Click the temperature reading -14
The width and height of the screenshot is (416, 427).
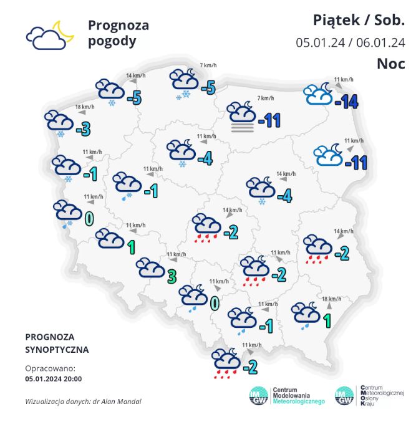point(346,102)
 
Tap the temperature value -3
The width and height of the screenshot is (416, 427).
point(82,129)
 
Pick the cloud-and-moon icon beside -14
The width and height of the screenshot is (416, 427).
point(319,94)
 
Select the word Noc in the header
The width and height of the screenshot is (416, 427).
point(391,64)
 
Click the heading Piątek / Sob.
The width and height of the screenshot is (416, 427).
point(359,21)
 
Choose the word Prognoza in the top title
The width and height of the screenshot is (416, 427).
point(119,26)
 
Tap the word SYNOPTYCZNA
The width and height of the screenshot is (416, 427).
point(57,350)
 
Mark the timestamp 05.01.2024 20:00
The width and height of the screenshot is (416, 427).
point(54,378)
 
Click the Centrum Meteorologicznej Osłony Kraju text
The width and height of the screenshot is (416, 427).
point(382,395)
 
